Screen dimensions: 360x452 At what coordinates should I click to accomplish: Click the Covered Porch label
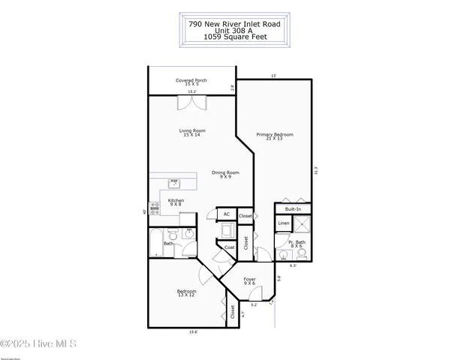(191, 82)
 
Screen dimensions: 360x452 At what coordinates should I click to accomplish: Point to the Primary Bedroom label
(274, 136)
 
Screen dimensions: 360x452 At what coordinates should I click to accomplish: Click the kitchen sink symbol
(174, 182)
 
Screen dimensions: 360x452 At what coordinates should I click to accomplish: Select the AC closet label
(226, 215)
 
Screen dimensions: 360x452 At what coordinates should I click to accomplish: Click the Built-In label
(292, 209)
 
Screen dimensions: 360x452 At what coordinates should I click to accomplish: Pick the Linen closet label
(283, 223)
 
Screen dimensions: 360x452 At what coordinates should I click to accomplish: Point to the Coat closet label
(228, 247)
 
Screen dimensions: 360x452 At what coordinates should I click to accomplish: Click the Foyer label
(249, 281)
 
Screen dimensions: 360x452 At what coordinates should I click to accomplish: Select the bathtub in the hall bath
(155, 243)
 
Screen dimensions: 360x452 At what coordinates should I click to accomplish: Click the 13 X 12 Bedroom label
(186, 293)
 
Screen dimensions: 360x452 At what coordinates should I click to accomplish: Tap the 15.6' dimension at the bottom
(193, 332)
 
